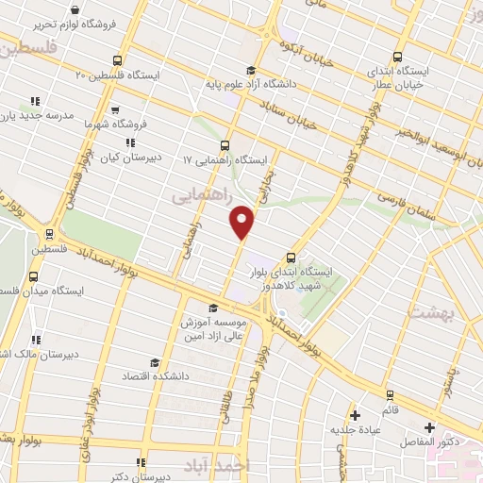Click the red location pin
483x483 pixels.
[242, 221]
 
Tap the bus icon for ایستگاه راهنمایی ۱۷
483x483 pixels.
[225, 145]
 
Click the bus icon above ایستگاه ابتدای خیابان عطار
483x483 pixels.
[397, 56]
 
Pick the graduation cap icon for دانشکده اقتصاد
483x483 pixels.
[154, 361]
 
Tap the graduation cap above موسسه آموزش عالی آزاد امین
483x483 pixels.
[213, 308]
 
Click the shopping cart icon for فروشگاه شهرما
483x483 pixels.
[115, 108]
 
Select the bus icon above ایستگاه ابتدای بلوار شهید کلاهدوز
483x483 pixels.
[290, 256]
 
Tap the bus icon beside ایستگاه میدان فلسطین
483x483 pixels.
[35, 275]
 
